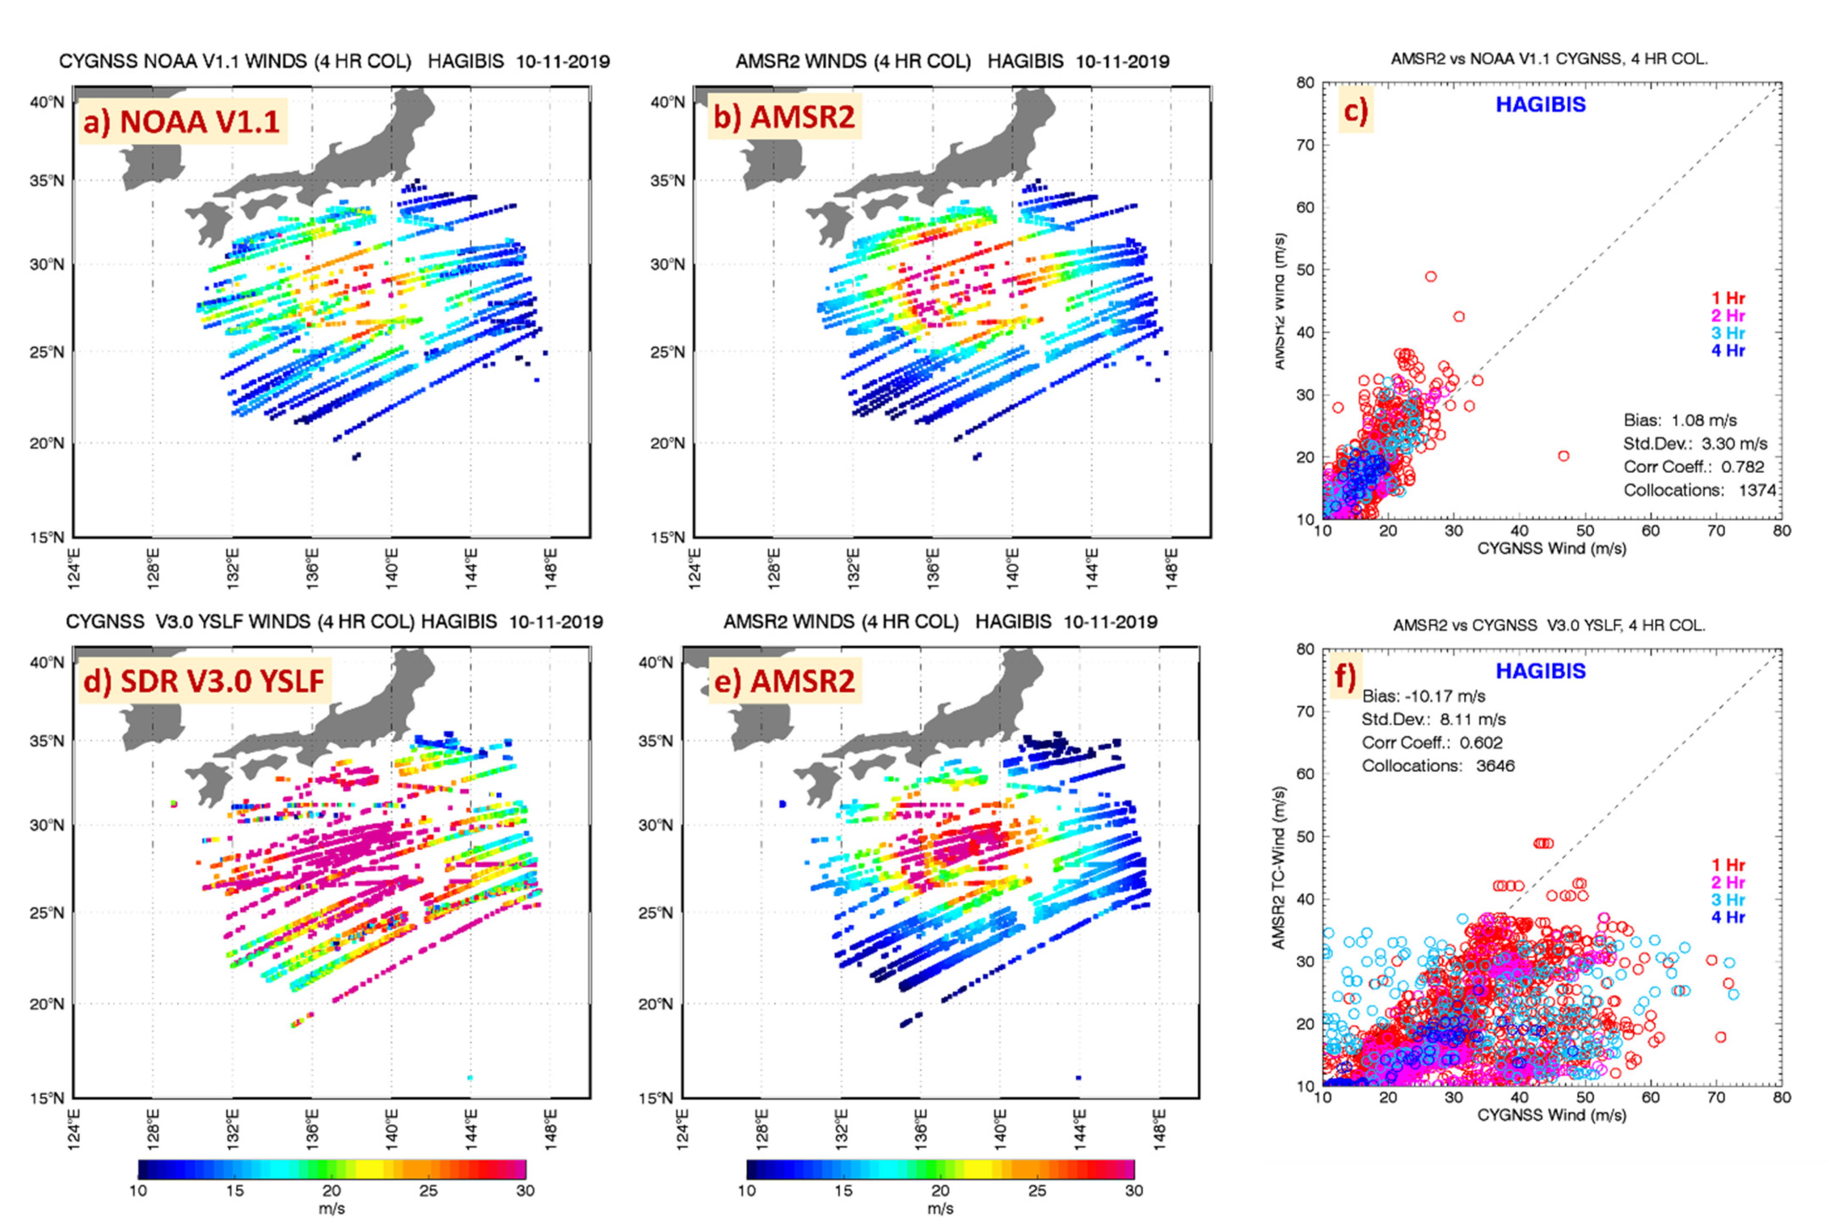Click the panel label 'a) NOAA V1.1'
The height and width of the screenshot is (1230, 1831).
pyautogui.click(x=182, y=121)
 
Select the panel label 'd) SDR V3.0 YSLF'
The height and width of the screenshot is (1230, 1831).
pyautogui.click(x=203, y=680)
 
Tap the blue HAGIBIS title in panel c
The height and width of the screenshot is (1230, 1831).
pyautogui.click(x=1540, y=104)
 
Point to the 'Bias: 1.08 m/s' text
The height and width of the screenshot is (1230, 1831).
pyautogui.click(x=1679, y=420)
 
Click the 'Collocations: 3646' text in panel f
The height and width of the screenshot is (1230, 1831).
pyautogui.click(x=1437, y=766)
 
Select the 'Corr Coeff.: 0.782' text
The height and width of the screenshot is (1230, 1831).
pyautogui.click(x=1693, y=467)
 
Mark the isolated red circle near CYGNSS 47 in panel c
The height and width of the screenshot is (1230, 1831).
pyautogui.click(x=1564, y=456)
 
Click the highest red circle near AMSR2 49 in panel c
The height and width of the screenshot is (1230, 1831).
pyautogui.click(x=1431, y=277)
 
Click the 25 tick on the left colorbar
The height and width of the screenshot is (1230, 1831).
pyautogui.click(x=428, y=1191)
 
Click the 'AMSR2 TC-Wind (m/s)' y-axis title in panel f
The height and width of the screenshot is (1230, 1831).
pyautogui.click(x=1279, y=867)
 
